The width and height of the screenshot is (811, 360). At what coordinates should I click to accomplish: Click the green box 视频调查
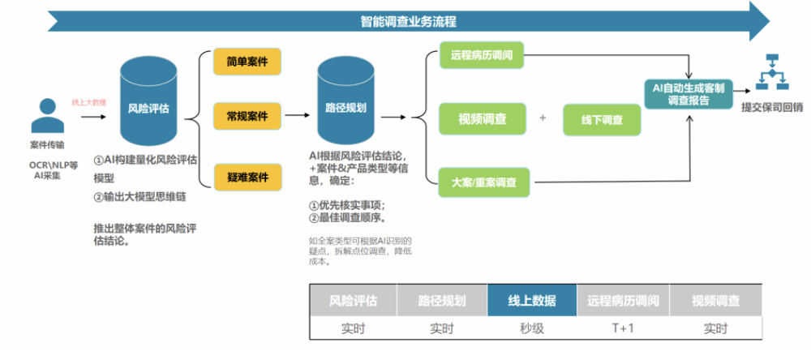[x=482, y=119]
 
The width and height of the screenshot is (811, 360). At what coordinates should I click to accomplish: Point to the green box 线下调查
[x=602, y=120]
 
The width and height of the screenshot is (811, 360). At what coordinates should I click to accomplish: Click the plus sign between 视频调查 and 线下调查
[x=543, y=118]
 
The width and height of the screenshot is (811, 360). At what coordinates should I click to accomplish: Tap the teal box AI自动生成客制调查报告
[x=689, y=93]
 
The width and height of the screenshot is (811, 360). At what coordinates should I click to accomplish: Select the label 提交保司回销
[x=772, y=106]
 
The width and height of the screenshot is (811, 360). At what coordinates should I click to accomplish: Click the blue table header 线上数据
[x=531, y=301]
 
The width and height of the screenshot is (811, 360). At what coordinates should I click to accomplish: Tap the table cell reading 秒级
[x=531, y=328]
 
